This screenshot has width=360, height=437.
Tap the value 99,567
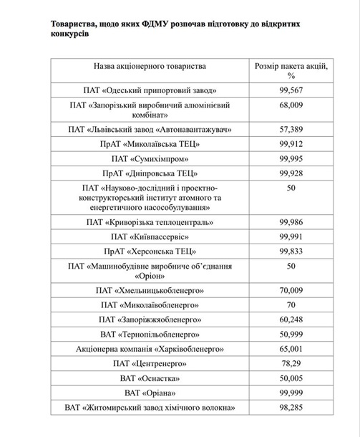point(291,90)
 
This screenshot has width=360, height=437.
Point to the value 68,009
point(291,105)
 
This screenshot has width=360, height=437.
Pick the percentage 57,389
point(291,129)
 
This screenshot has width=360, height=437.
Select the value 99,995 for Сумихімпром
point(291,158)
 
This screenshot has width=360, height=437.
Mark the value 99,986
point(291,222)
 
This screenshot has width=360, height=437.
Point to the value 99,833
point(291,251)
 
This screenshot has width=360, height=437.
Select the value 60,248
point(291,320)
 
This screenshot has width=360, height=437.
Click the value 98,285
point(291,408)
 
